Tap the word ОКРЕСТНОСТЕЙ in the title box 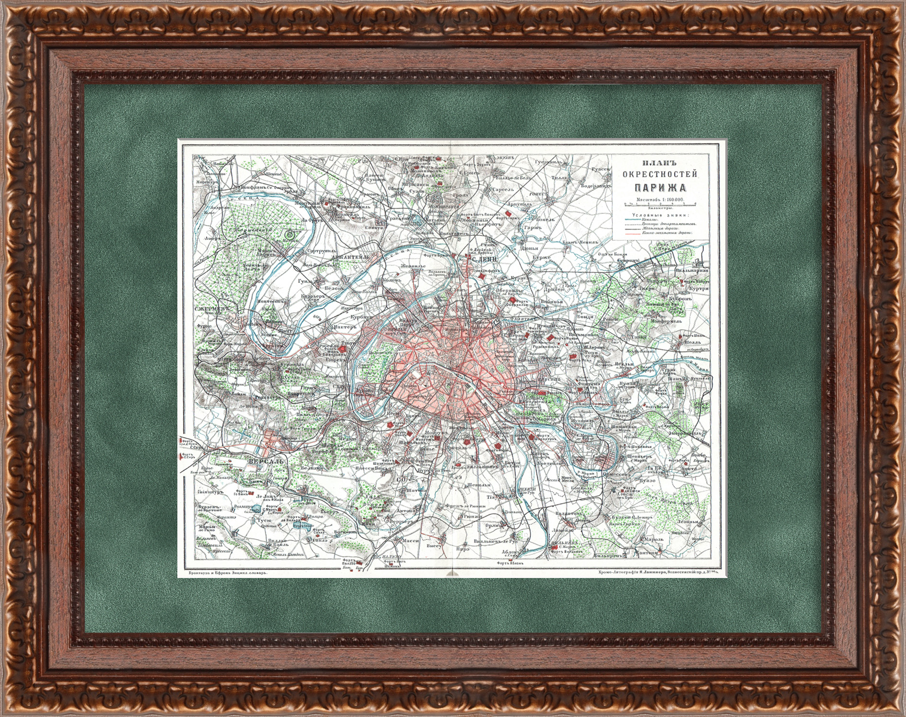pyautogui.click(x=660, y=174)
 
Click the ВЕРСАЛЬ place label pyautogui.click(x=267, y=461)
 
